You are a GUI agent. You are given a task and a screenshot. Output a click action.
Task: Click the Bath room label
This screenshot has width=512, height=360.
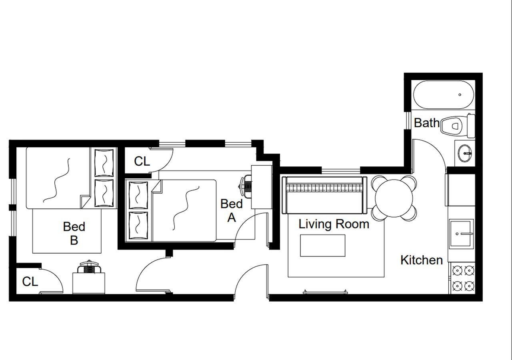click(x=426, y=123)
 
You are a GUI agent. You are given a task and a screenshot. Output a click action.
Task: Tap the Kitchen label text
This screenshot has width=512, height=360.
click(x=421, y=260)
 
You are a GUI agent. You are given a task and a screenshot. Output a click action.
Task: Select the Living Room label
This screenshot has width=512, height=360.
click(x=334, y=224)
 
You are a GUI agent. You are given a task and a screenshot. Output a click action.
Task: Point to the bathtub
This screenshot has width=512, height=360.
click(x=443, y=95)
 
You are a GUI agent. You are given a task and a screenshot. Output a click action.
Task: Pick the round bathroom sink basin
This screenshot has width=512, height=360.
click(x=465, y=152)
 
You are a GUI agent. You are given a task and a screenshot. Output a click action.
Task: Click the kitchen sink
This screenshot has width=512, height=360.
click(x=461, y=233)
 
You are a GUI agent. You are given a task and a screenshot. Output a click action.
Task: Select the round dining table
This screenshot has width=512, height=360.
click(x=394, y=198)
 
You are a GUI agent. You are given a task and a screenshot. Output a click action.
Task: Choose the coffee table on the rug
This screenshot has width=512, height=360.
click(x=323, y=246)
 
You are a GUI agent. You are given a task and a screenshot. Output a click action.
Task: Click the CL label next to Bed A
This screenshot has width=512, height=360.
click(x=142, y=161)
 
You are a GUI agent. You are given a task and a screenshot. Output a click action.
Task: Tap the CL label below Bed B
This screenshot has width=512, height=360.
click(x=30, y=282)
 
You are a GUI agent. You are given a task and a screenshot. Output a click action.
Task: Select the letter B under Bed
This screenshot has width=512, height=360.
click(x=74, y=240)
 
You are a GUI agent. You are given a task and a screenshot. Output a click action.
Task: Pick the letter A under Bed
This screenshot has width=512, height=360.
click(x=232, y=218)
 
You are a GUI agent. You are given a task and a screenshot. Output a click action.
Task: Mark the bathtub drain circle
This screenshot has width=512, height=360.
click(x=460, y=95)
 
